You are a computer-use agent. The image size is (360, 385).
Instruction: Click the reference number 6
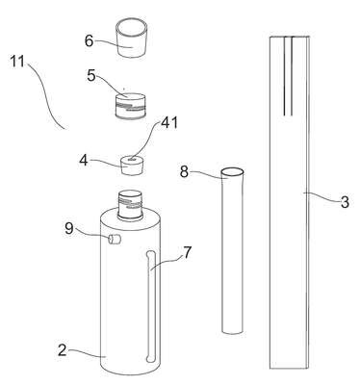point(89,41)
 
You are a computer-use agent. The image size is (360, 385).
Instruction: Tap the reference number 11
point(17,62)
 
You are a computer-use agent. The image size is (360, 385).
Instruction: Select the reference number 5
point(91,76)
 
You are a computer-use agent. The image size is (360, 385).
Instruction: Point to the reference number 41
point(169,122)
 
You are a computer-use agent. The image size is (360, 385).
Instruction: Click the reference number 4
point(84,161)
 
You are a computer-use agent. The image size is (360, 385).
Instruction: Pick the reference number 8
point(184,172)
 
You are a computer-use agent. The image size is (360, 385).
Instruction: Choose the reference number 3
point(345,202)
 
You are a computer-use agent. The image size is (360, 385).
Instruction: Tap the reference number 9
point(69,228)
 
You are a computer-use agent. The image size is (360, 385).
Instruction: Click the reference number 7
point(187,252)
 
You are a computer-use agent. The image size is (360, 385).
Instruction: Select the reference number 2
point(63,350)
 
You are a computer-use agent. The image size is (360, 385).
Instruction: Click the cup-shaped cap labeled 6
point(131,38)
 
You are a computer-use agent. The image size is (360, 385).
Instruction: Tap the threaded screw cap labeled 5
point(131,106)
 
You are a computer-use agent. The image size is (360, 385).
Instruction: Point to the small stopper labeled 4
point(131,166)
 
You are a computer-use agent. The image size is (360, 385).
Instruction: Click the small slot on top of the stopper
point(131,159)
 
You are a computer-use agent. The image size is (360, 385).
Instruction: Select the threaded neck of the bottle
point(130,204)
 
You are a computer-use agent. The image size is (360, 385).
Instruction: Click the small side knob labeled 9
point(115,240)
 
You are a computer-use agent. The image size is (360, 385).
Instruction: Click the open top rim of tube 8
point(233,173)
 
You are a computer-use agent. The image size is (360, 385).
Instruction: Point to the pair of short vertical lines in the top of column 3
point(288,76)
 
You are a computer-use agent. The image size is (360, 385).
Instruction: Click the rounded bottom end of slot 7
point(149,358)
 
